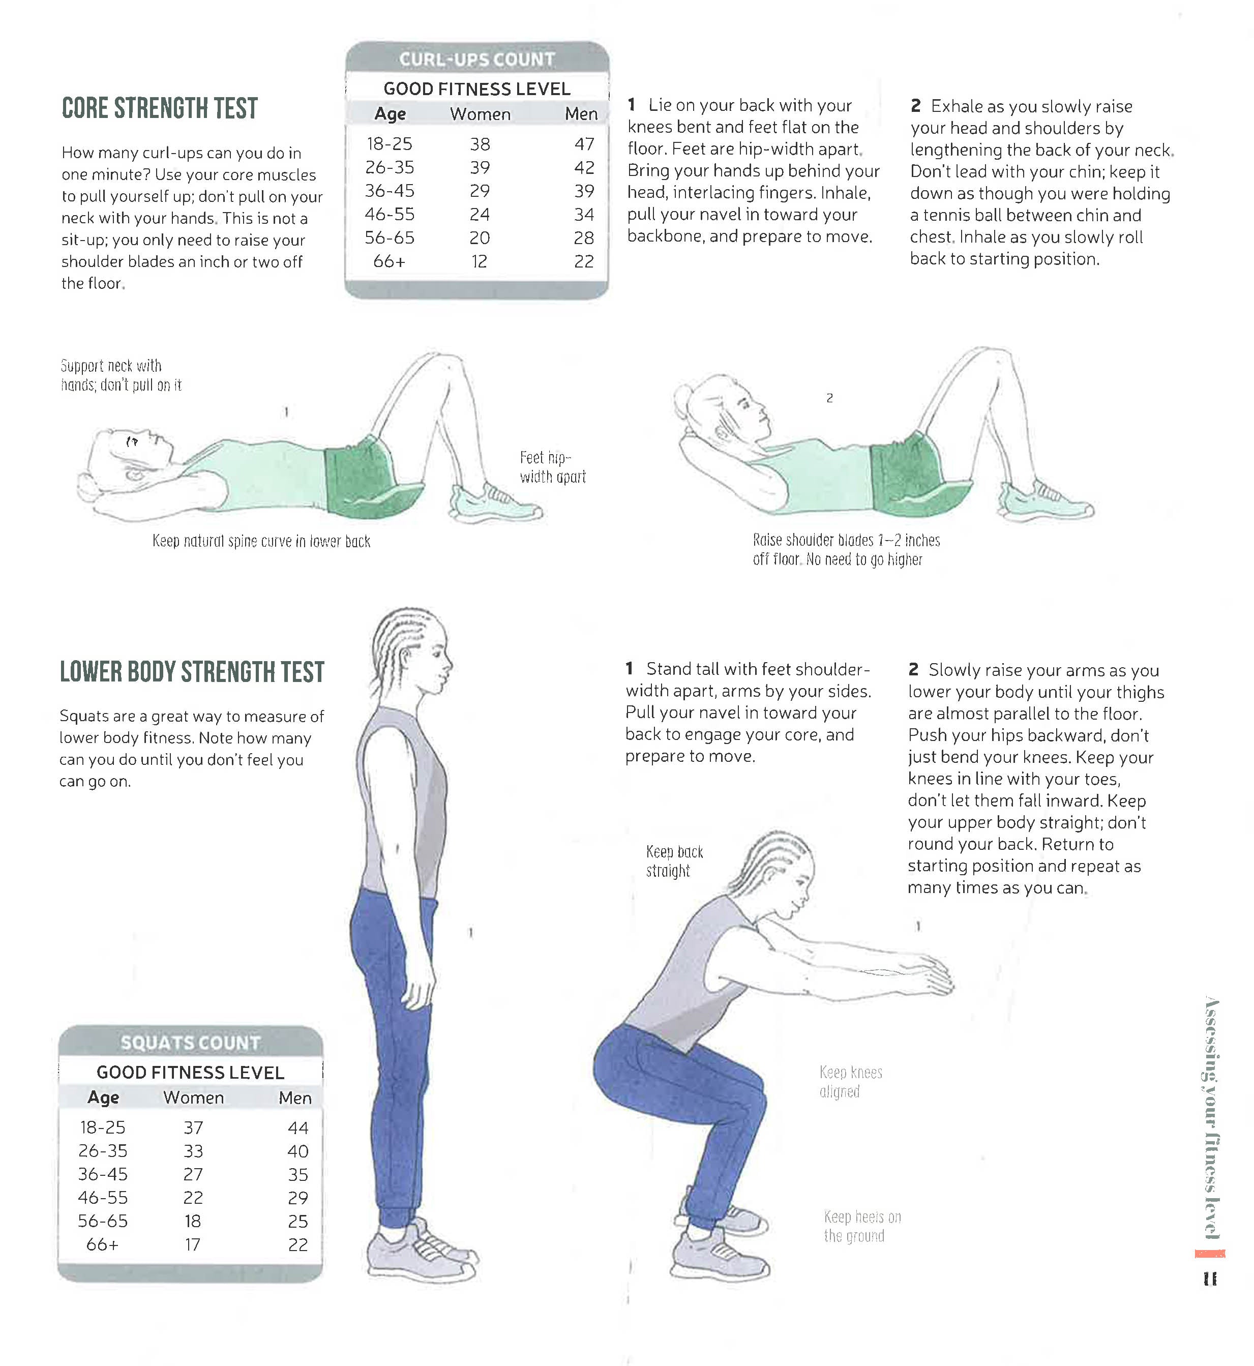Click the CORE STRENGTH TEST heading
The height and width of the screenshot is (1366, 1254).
160,108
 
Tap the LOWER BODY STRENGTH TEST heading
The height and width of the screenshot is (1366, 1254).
192,672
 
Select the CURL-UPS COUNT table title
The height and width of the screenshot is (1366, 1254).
477,60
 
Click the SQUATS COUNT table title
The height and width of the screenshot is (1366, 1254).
191,1043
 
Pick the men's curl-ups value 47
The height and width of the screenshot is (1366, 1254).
584,144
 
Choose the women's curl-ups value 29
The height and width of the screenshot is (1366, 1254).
480,191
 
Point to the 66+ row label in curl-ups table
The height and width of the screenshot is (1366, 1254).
389,261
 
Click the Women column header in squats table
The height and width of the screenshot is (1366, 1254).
193,1097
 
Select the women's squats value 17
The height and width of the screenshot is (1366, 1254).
193,1244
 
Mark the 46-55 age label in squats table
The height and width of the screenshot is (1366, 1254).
102,1198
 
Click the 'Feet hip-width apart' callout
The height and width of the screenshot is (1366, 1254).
552,467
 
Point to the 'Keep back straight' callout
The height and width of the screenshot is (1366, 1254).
674,861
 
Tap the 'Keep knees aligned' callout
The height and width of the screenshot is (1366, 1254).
850,1082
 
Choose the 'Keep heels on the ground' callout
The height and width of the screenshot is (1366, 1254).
862,1226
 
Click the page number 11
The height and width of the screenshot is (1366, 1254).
1210,1279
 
